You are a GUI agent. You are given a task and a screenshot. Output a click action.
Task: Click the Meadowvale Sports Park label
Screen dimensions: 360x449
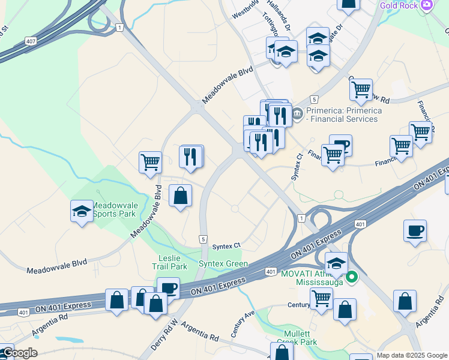coord(115,210)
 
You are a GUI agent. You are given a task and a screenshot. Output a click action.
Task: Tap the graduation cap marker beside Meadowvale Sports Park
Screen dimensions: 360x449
coord(82,212)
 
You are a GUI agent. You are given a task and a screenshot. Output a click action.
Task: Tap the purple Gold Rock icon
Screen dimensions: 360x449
coord(427,5)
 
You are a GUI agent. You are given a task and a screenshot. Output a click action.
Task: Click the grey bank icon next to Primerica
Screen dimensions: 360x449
coord(298,112)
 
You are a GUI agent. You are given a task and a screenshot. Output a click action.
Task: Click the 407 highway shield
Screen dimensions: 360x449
coord(30,41)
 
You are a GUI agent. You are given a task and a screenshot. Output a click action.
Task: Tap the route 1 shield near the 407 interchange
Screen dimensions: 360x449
coord(121,28)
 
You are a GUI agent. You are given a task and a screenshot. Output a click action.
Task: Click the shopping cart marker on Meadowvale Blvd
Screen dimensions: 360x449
coord(150,162)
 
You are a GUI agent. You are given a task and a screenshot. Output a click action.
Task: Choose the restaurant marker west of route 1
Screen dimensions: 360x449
coord(191,157)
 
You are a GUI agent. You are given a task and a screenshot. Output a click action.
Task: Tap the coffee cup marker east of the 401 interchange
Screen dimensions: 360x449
coord(415,231)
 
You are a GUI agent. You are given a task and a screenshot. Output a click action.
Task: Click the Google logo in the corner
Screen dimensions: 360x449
coord(19,353)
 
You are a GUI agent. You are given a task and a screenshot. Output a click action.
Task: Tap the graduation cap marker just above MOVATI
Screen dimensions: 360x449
coord(336,264)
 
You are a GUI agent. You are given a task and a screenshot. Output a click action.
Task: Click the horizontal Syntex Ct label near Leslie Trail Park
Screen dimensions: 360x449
coord(226,245)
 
